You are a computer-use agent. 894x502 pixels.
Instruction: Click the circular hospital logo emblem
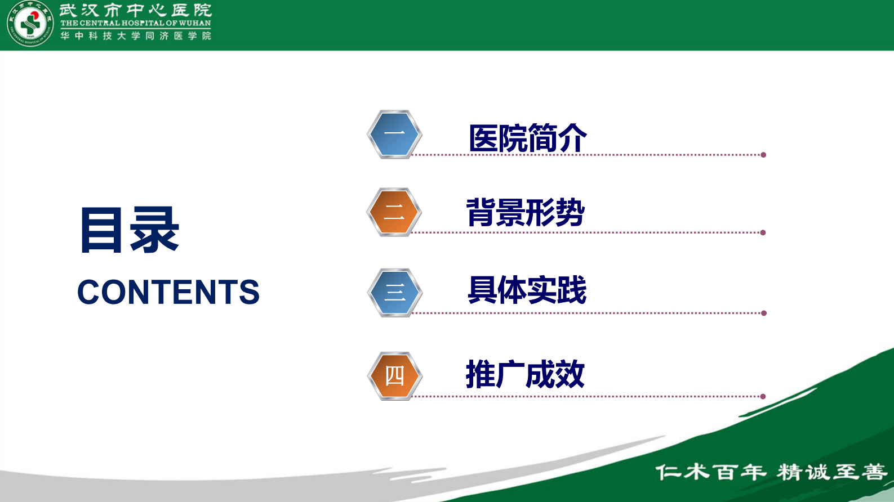30,25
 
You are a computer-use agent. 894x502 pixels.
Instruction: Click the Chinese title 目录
129,230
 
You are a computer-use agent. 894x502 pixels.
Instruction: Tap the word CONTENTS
168,292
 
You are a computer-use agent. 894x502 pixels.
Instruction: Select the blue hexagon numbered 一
394,135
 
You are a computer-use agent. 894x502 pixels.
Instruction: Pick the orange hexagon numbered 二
394,212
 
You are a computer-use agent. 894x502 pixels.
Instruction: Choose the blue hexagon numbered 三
395,293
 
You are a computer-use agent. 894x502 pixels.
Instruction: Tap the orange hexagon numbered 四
395,376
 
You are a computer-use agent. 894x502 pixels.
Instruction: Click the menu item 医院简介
527,138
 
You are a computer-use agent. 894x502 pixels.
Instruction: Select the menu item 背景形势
525,213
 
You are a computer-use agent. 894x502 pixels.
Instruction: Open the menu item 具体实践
527,290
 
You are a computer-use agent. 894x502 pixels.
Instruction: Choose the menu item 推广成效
525,374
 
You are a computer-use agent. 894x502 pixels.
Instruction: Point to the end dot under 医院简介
763,155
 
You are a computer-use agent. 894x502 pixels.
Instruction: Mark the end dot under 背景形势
763,232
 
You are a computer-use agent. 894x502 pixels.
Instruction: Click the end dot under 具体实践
764,313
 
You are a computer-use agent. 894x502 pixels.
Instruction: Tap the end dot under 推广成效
763,396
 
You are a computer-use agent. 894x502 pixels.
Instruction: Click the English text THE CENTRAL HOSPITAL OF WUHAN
135,24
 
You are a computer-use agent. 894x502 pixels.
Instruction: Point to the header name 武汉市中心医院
135,10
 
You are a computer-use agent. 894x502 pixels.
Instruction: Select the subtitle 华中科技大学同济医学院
135,36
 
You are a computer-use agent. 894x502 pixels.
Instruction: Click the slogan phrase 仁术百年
710,472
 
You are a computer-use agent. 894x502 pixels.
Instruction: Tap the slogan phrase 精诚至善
831,472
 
